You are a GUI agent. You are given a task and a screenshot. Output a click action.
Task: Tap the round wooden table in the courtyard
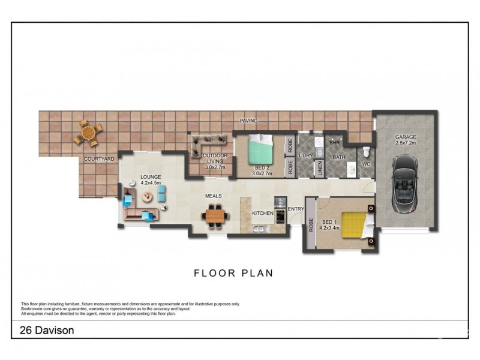point(88,133)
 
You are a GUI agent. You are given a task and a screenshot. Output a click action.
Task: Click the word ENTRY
point(296,209)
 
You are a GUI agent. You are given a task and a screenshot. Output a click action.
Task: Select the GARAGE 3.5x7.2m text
point(406,140)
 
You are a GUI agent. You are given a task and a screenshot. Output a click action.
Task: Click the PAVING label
point(248,121)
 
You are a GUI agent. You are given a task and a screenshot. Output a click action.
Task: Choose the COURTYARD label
point(99,159)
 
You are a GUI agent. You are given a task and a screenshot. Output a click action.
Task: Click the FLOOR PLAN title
point(233,273)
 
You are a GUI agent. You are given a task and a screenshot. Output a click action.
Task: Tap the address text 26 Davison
point(43,329)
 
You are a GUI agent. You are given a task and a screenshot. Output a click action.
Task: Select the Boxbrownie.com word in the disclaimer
point(37,309)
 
